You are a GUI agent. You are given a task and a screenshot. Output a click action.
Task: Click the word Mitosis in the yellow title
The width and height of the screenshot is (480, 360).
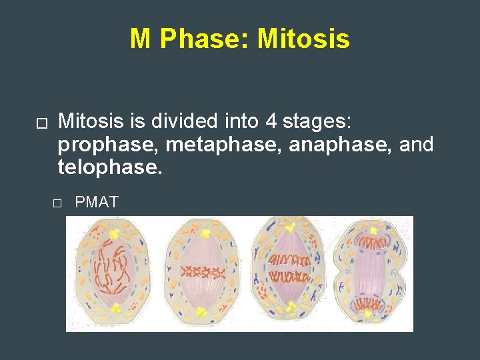[303, 39]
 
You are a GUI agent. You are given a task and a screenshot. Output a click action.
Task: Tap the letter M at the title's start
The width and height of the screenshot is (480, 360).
[141, 39]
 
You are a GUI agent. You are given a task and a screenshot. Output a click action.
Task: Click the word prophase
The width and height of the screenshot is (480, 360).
[107, 144]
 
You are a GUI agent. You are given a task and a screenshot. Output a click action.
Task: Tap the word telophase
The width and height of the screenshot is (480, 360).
[110, 167]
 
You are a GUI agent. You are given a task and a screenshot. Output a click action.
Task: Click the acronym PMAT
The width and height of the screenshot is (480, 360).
[97, 202]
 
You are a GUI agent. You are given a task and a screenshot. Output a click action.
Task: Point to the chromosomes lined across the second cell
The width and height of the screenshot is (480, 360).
[202, 272]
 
